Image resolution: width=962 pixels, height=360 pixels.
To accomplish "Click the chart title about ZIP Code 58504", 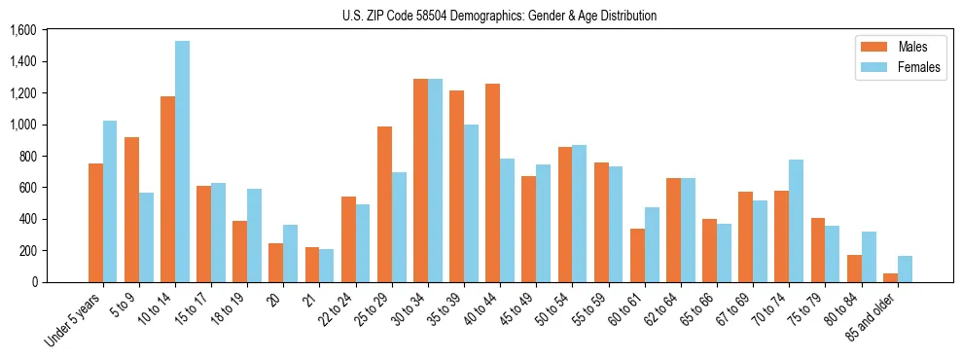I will click(500, 16).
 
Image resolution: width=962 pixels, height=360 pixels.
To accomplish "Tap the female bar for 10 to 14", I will click(182, 162).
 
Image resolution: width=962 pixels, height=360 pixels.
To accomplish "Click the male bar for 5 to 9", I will click(131, 209).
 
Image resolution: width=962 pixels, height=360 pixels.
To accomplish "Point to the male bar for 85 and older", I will click(890, 277).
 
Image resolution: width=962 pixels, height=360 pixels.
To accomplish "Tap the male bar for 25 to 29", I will click(384, 204).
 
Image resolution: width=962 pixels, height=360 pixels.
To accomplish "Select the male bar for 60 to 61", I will click(637, 255).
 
